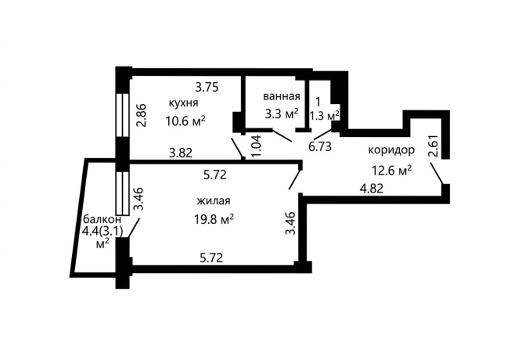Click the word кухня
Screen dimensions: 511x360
pos(183,103)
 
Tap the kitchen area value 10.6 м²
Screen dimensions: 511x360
pos(185,121)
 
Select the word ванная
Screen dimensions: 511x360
pos(281,96)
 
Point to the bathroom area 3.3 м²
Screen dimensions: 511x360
pos(282,113)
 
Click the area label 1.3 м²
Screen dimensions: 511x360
pos(324,115)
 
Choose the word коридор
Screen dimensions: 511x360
pos(391,150)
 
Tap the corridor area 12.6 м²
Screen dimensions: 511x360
pos(391,171)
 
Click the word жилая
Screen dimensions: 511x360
pos(214,200)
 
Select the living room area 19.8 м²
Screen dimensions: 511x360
pos(214,219)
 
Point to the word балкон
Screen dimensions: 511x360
pos(103,218)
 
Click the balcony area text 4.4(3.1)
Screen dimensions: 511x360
pos(103,232)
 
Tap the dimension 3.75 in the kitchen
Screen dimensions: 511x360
pos(207,88)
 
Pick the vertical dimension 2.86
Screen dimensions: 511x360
pos(142,115)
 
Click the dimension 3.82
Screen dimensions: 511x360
pos(181,153)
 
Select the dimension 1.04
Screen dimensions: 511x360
pos(257,146)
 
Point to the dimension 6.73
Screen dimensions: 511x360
pos(320,146)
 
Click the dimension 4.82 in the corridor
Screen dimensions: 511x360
pos(371,189)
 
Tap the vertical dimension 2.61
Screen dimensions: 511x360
pos(434,146)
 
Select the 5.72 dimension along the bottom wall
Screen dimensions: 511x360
pos(211,258)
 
